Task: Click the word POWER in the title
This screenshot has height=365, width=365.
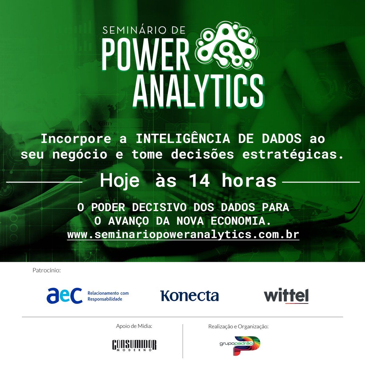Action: pos(145,54)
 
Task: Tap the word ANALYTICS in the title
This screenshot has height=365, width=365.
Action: pos(198,90)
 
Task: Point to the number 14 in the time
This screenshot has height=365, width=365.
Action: pos(199,181)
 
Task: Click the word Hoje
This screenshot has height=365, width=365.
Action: pos(120,181)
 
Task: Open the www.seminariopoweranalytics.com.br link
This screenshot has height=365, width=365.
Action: pos(183,235)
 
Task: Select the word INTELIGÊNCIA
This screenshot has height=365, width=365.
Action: pos(182,139)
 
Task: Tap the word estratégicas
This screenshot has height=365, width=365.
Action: pos(291,154)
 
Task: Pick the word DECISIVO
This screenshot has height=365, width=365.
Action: pos(159,207)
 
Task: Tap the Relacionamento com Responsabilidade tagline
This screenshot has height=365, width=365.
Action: pos(108,296)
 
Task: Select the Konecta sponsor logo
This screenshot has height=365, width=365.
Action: pos(189,296)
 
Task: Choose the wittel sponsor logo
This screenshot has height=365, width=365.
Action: pos(286,296)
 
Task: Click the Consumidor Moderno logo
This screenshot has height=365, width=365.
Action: pos(134,345)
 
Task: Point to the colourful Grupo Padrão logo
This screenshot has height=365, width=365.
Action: pos(240,345)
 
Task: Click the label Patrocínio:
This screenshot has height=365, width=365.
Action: pos(47,270)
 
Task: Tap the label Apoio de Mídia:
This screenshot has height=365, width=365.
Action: pos(134,326)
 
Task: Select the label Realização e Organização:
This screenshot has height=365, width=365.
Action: pos(238,326)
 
